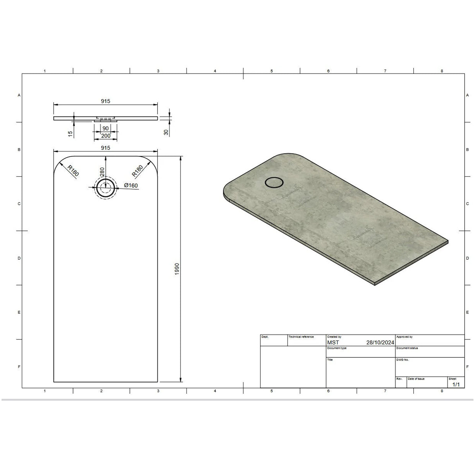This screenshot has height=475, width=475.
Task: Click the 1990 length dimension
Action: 177,269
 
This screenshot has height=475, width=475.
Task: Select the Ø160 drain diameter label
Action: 131,186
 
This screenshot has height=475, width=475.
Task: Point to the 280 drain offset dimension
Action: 102,172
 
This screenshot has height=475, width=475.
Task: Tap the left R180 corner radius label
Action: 73,170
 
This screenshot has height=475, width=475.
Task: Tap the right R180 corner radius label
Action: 137,170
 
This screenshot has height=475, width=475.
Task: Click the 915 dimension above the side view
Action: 105,101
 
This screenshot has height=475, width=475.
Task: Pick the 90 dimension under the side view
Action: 105,128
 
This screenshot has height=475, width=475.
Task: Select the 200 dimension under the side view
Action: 105,136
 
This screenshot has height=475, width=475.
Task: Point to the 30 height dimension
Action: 166,132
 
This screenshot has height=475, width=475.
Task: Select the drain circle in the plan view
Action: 105,188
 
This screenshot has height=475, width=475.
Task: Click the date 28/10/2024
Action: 380,342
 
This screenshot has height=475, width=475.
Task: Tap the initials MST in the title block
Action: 333,342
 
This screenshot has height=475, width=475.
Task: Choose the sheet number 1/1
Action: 456,384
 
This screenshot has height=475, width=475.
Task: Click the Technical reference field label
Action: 301,337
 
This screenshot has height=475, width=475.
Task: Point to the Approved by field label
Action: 405,337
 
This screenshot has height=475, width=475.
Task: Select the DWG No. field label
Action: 403,360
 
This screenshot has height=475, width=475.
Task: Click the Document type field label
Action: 337,348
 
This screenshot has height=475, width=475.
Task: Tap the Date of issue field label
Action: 416,378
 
